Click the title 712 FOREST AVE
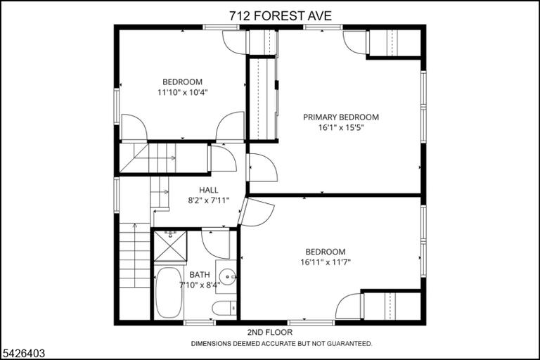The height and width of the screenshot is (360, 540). coord(281,16)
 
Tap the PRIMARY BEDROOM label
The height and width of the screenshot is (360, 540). coord(340,117)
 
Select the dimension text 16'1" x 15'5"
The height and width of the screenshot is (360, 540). coord(341,128)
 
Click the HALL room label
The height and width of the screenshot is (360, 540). coord(208,190)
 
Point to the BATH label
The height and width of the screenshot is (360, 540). coord(200,274)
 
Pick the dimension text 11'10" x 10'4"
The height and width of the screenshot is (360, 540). coord(183,92)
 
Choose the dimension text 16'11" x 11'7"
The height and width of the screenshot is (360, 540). coord(326,262)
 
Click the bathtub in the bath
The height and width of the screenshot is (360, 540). coord(169,292)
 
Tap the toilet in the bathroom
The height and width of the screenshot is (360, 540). coord(224,308)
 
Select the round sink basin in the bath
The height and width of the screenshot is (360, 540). coord(228,276)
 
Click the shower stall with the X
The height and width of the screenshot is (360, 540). coord(170,246)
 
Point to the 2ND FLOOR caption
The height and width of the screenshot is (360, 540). coord(270,332)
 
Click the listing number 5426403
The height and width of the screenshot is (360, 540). coord(24,353)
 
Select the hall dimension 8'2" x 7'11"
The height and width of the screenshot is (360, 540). coord(208,200)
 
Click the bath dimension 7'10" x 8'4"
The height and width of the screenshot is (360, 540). coord(200,285)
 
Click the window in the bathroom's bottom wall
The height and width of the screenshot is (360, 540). coord(200,323)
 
